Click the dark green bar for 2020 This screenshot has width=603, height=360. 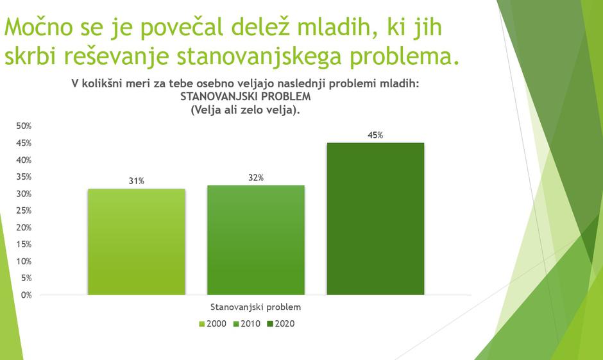(375, 219)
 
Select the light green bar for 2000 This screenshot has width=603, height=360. (136, 242)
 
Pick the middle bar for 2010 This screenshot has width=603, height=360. (255, 240)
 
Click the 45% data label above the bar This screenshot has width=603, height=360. (375, 135)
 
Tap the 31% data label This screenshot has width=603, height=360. (136, 181)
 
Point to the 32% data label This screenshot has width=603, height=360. (256, 178)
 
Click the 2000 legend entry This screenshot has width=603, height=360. (212, 324)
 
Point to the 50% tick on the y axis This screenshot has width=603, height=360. (24, 126)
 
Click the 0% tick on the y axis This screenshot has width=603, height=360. (26, 295)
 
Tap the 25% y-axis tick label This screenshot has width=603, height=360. (24, 210)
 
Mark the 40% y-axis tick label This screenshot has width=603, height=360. (24, 160)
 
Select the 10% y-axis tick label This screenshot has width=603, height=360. (24, 261)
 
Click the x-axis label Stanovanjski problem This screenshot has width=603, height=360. (255, 307)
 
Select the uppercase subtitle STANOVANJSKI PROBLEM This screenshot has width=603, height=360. (246, 97)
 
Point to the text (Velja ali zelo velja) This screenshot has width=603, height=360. (246, 110)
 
